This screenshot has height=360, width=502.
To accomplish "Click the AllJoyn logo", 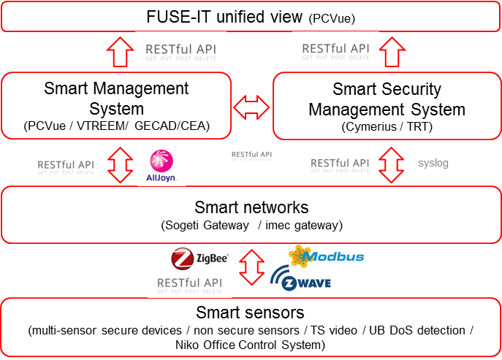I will pyautogui.click(x=161, y=165).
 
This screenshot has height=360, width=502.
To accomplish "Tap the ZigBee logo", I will pyautogui.click(x=200, y=258).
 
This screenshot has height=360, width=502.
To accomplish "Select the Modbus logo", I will pyautogui.click(x=326, y=256).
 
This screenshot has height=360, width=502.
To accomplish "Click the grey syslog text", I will pyautogui.click(x=433, y=164).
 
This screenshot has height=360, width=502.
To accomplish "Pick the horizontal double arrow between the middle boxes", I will pyautogui.click(x=252, y=108).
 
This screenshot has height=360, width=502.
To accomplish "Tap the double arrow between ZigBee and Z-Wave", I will pyautogui.click(x=252, y=268).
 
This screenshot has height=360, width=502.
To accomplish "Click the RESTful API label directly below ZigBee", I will pyautogui.click(x=189, y=283).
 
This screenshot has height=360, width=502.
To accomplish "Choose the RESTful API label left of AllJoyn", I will pyautogui.click(x=66, y=164).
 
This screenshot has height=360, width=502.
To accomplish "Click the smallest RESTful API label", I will pyautogui.click(x=251, y=155).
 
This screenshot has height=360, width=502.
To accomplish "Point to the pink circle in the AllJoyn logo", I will pyautogui.click(x=161, y=161).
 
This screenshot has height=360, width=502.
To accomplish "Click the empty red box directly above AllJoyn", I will pyautogui.click(x=116, y=105).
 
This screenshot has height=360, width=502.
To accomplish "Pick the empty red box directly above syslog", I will pyautogui.click(x=387, y=105).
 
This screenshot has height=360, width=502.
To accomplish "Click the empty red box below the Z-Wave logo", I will pyautogui.click(x=251, y=327).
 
